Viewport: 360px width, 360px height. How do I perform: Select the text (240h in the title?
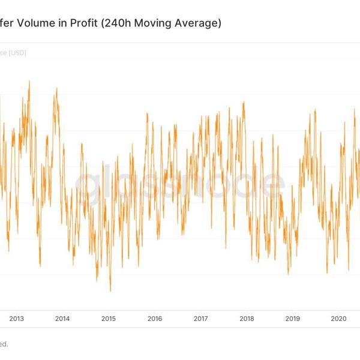coord(115,24)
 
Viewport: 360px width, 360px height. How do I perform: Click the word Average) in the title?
coord(199,24)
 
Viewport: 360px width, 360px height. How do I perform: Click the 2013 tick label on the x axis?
coord(16,319)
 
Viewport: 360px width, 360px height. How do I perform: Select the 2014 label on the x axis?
coord(62,319)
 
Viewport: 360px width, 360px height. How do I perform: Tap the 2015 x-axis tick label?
coord(108,319)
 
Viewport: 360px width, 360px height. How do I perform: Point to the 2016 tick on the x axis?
coord(154,319)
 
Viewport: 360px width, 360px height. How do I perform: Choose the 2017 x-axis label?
coord(200,319)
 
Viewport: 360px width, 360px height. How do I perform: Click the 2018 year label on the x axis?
coord(246,319)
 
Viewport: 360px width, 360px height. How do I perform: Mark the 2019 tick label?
coord(292,319)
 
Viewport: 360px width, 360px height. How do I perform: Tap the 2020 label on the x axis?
coord(338,319)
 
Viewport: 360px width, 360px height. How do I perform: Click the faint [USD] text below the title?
coord(16,53)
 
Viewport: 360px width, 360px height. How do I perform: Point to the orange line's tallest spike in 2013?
coord(29,81)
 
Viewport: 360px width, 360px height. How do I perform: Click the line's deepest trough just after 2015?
coord(110,291)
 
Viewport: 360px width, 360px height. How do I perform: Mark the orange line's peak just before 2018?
coord(244,103)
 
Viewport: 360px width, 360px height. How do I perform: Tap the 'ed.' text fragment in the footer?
coord(4,344)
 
